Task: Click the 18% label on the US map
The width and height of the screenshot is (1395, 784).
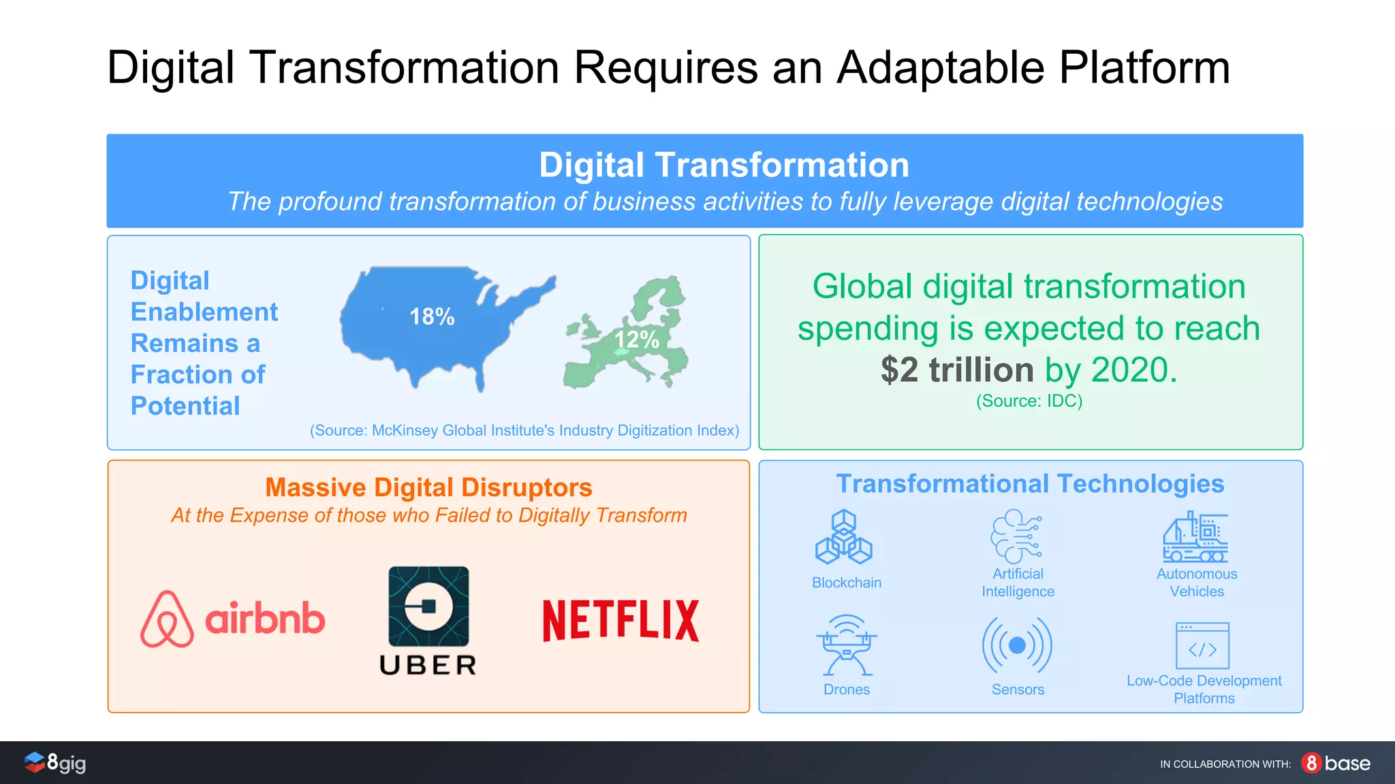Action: [432, 317]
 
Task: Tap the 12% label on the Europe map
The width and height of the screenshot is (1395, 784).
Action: [636, 339]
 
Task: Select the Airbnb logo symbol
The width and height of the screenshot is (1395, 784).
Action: [167, 619]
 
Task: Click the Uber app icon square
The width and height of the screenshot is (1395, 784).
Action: [428, 606]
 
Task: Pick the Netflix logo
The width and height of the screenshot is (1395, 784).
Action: [621, 620]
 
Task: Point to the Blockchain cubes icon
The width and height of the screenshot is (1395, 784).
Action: [844, 538]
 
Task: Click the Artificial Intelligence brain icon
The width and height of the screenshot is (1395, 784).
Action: [1016, 536]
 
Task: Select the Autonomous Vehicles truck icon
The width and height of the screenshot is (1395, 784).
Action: [1195, 537]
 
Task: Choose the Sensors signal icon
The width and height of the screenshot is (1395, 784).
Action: [1017, 645]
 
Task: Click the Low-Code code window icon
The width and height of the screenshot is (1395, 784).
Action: [1202, 646]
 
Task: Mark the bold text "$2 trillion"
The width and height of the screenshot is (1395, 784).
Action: [957, 370]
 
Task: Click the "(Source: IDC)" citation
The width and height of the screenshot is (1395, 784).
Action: [1029, 401]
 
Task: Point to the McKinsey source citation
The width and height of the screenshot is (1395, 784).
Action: [524, 431]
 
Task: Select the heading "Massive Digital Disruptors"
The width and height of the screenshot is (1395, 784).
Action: [428, 487]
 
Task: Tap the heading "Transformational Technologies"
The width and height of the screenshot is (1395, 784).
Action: [1030, 484]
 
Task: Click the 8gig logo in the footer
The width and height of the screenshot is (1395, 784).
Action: [56, 763]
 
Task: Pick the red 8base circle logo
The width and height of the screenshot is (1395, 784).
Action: [1311, 763]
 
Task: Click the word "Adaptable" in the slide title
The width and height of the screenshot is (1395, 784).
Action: [940, 68]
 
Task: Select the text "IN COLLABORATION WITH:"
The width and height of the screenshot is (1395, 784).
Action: [1225, 764]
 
